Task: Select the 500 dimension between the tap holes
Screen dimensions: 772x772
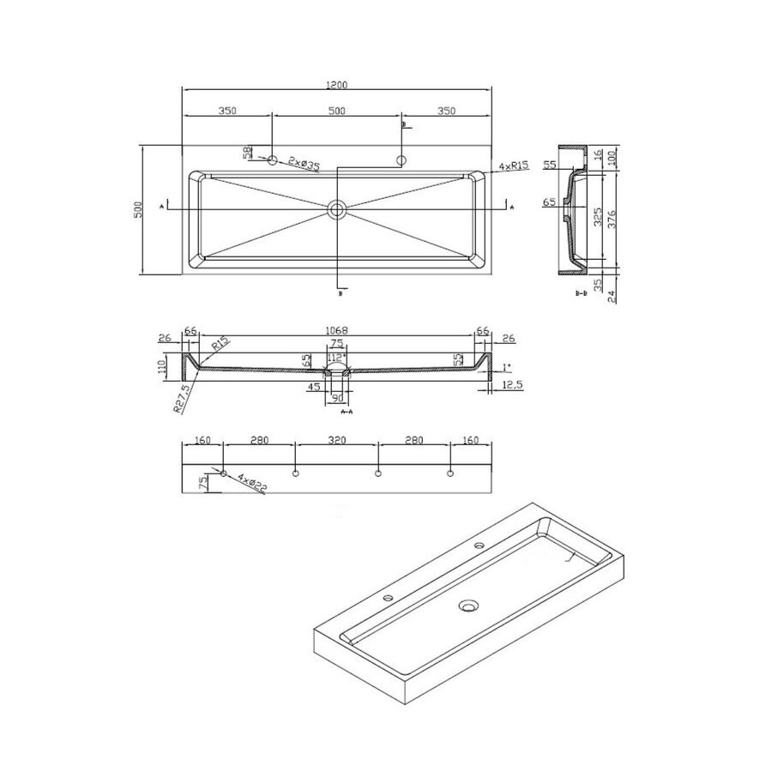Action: [336, 110]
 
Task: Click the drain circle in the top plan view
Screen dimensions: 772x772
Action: [336, 208]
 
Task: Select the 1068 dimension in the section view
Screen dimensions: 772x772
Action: [337, 330]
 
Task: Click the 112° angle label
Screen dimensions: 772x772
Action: [335, 358]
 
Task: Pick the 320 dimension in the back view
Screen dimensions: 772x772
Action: [337, 441]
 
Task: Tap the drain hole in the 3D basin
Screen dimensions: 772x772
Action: [468, 606]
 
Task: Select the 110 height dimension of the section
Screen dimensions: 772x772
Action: [160, 369]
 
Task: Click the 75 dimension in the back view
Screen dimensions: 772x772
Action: [202, 482]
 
